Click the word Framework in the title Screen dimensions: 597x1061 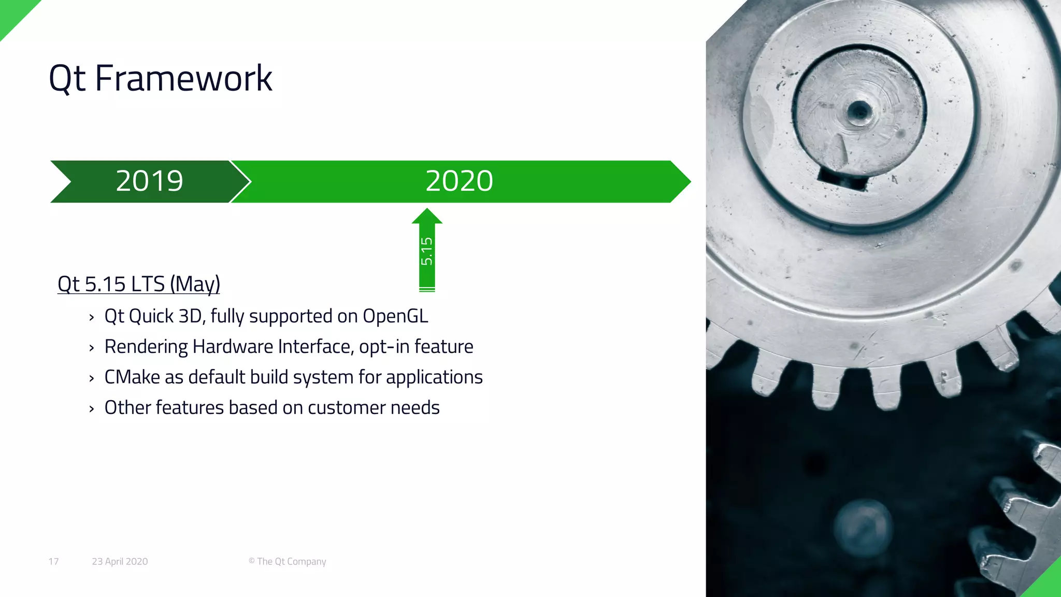click(x=183, y=79)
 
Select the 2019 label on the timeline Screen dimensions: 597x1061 click(x=149, y=181)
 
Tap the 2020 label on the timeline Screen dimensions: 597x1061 click(x=459, y=181)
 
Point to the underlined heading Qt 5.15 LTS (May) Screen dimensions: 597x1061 click(x=139, y=284)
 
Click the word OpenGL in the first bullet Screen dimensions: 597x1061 click(x=395, y=316)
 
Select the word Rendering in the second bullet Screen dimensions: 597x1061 click(x=146, y=347)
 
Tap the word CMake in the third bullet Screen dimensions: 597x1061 click(x=132, y=377)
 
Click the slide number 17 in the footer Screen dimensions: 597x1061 click(x=53, y=561)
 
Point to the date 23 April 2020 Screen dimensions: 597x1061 click(x=120, y=561)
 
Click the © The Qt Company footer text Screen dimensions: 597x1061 click(x=287, y=561)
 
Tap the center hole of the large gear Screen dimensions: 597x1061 click(x=859, y=110)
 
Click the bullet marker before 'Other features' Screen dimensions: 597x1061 click(x=92, y=409)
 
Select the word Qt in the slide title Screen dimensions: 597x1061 click(x=67, y=79)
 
